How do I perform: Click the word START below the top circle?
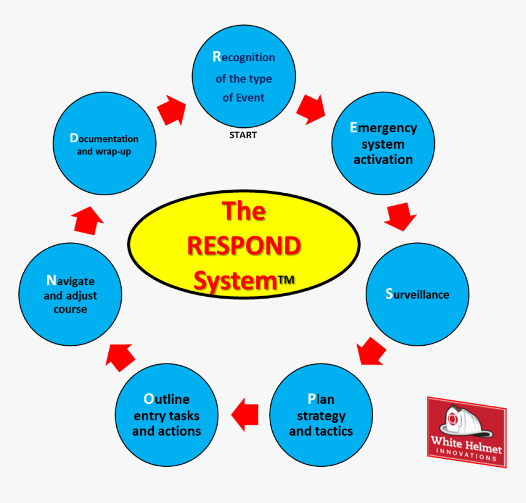click(x=243, y=135)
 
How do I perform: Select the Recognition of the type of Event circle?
click(x=244, y=76)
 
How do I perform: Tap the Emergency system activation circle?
click(x=383, y=143)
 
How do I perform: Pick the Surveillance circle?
click(x=417, y=294)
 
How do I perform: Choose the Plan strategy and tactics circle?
click(x=321, y=415)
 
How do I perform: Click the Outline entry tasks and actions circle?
click(x=167, y=415)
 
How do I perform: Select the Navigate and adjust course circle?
click(x=70, y=294)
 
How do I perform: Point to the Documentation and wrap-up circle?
click(x=105, y=143)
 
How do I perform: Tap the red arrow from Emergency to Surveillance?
click(x=401, y=217)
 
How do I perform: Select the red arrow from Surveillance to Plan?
click(x=371, y=351)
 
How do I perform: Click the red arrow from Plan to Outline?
click(x=245, y=415)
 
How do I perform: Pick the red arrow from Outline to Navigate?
click(x=120, y=358)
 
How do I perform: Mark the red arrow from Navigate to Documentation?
click(x=87, y=220)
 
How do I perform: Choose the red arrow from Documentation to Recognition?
click(x=172, y=110)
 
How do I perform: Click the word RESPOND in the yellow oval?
click(x=244, y=245)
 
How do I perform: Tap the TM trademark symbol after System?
click(x=286, y=280)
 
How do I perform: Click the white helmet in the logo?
click(x=465, y=421)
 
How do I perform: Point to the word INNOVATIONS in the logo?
click(x=466, y=454)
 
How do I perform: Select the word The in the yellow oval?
click(x=244, y=211)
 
